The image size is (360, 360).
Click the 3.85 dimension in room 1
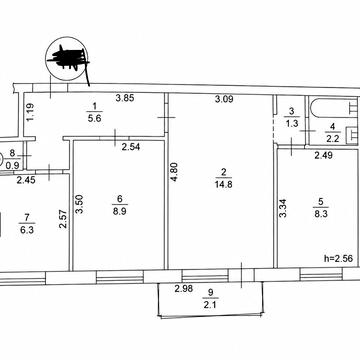pyautogui.click(x=125, y=98)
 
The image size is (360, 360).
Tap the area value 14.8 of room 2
pyautogui.click(x=224, y=184)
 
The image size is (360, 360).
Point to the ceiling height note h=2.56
pyautogui.click(x=338, y=258)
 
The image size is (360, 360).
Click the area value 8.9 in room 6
pyautogui.click(x=119, y=211)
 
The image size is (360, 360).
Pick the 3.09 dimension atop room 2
pyautogui.click(x=224, y=99)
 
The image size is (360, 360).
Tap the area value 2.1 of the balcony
pyautogui.click(x=211, y=304)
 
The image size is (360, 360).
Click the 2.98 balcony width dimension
pyautogui.click(x=184, y=289)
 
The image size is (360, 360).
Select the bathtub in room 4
pyautogui.click(x=334, y=108)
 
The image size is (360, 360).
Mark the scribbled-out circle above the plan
pyautogui.click(x=68, y=59)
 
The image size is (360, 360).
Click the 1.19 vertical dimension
pyautogui.click(x=29, y=113)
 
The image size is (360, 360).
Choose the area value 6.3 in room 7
pyautogui.click(x=27, y=230)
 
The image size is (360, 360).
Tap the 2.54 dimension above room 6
pyautogui.click(x=131, y=147)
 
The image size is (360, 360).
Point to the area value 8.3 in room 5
pyautogui.click(x=321, y=213)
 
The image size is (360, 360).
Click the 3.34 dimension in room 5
pyautogui.click(x=282, y=207)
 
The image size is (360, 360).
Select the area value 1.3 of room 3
pyautogui.click(x=292, y=124)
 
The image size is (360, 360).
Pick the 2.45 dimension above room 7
pyautogui.click(x=26, y=180)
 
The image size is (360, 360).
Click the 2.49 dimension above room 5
pyautogui.click(x=323, y=155)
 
